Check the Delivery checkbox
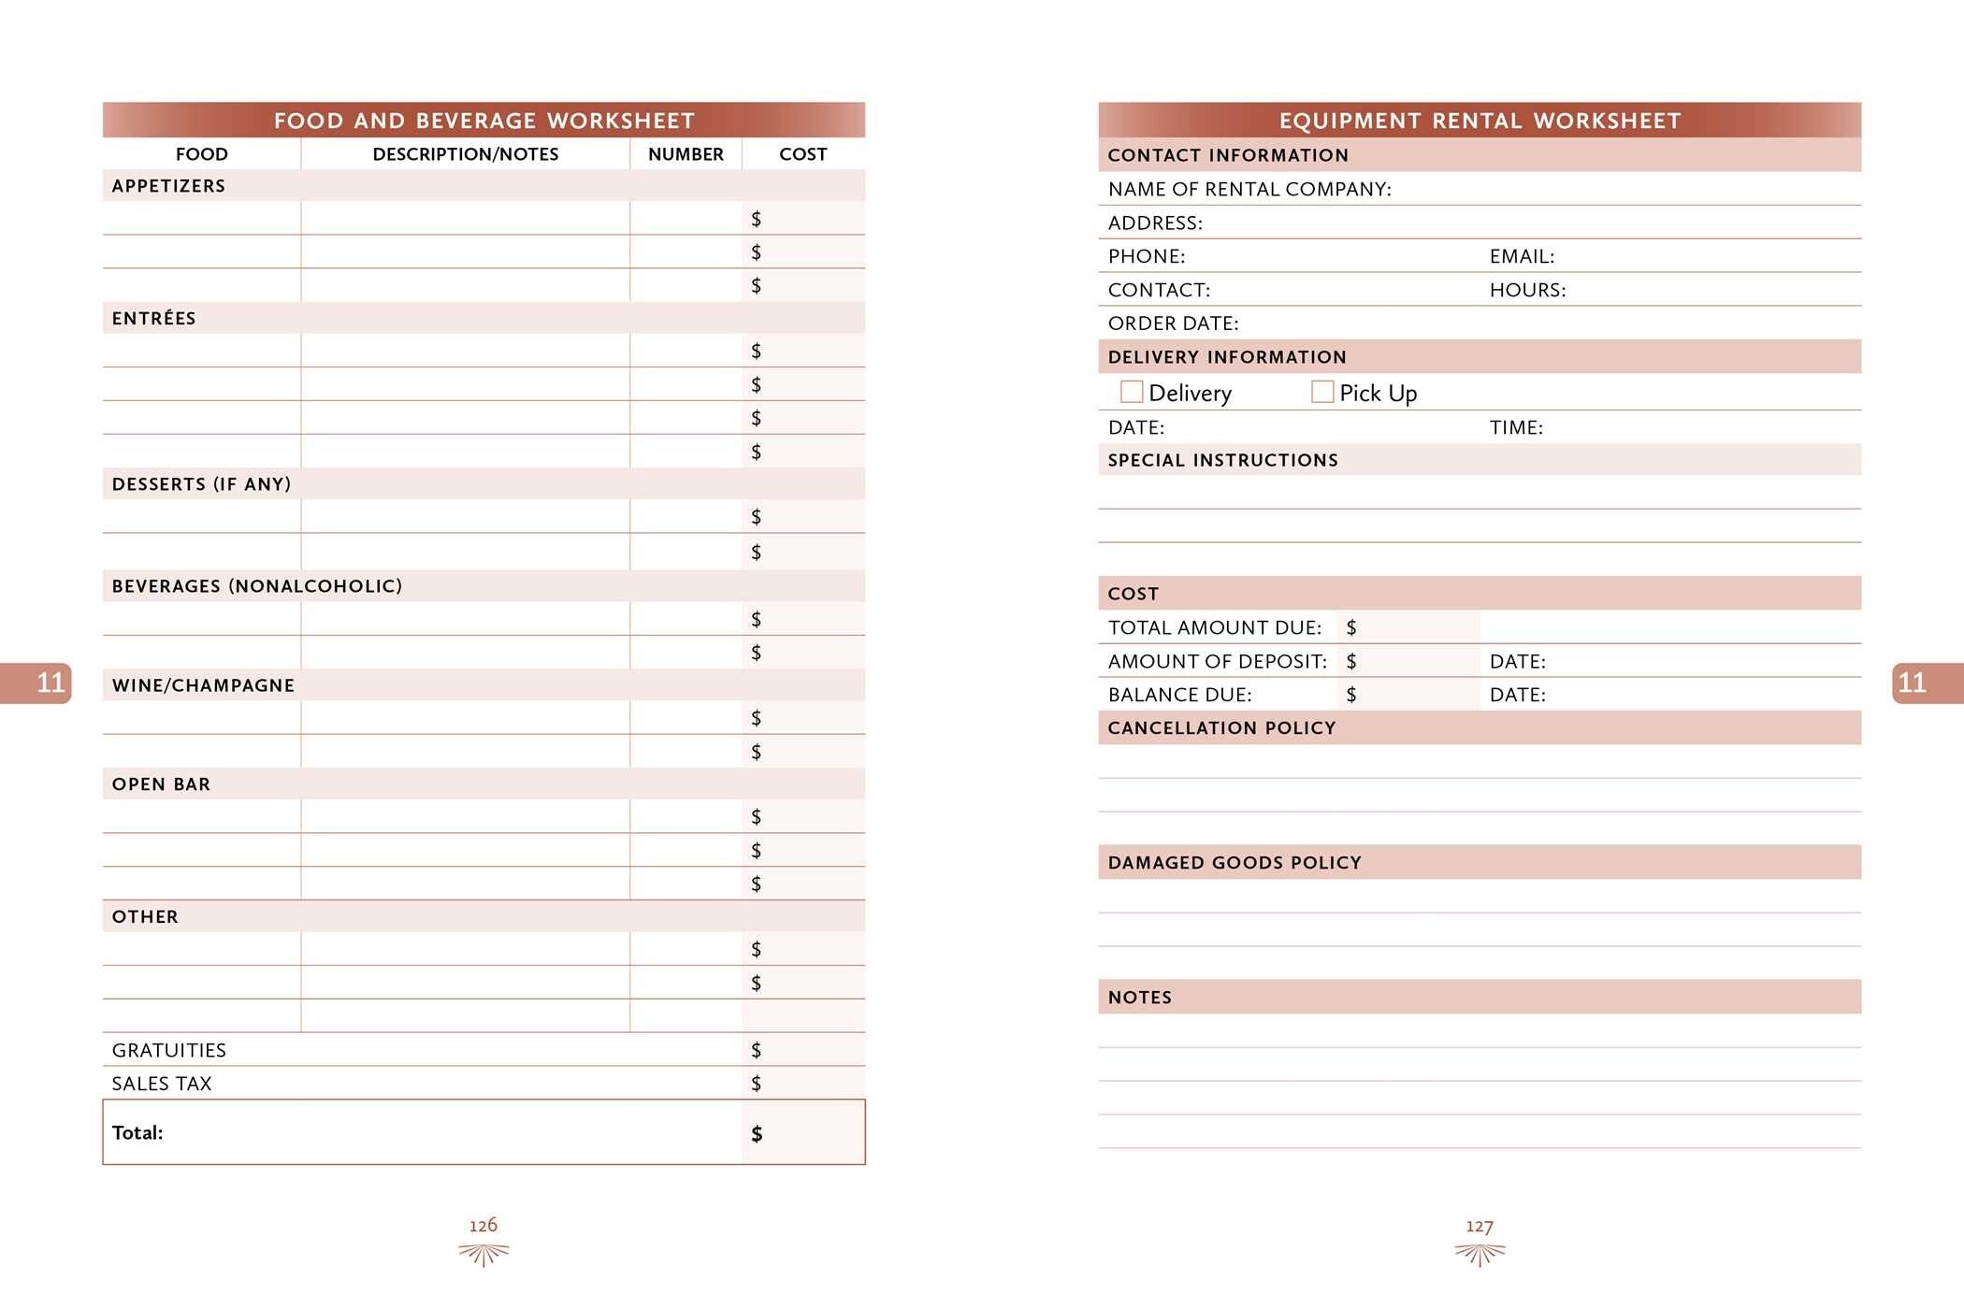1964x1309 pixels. click(x=1132, y=392)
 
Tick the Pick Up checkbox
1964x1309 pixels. click(x=1322, y=392)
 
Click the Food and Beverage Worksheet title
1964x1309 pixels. click(x=484, y=121)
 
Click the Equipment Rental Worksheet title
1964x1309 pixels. click(x=1480, y=121)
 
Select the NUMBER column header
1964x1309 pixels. click(x=686, y=154)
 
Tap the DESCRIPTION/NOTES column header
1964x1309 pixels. click(x=465, y=154)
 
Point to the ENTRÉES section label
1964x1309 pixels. click(x=154, y=319)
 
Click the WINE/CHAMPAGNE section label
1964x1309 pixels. click(x=203, y=685)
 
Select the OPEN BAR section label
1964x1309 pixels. click(x=161, y=784)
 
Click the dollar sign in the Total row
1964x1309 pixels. click(x=757, y=1134)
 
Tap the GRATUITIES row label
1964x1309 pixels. click(x=169, y=1050)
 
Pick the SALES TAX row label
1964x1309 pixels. click(x=162, y=1084)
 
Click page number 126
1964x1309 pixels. click(x=484, y=1226)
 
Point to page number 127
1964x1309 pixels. click(x=1480, y=1226)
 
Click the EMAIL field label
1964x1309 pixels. click(x=1522, y=256)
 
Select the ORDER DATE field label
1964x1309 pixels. click(x=1173, y=324)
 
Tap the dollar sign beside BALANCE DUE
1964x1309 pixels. click(x=1351, y=695)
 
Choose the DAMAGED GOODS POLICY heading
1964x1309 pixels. click(x=1235, y=863)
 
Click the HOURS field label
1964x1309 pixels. click(x=1527, y=290)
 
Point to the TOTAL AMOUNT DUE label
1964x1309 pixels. click(x=1215, y=627)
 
